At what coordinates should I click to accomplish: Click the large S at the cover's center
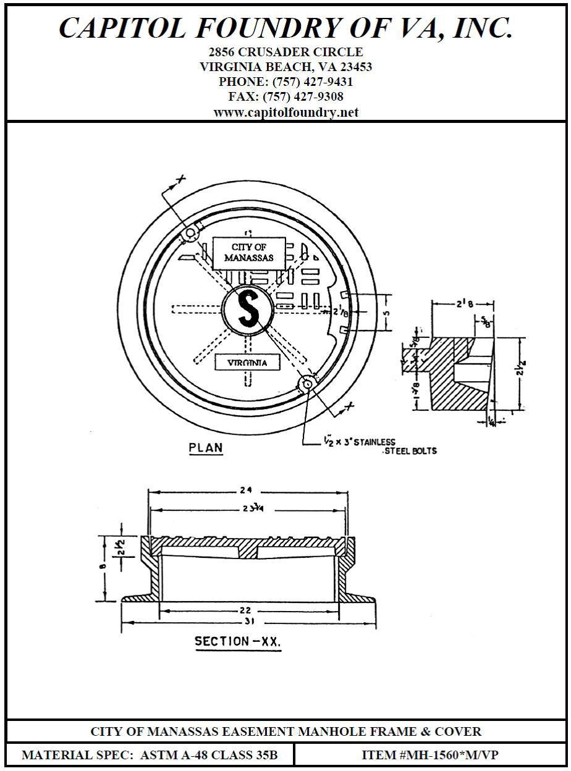click(x=248, y=308)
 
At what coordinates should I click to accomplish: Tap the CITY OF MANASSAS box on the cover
click(x=248, y=253)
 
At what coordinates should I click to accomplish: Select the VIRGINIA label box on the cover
click(x=247, y=363)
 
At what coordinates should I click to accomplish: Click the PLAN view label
click(x=206, y=448)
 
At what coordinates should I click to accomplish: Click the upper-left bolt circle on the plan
click(x=190, y=233)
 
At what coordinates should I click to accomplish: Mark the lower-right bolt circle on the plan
click(x=307, y=384)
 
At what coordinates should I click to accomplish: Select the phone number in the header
click(x=285, y=82)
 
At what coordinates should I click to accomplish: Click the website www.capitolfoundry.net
click(x=285, y=112)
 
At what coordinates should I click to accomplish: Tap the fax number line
click(x=285, y=97)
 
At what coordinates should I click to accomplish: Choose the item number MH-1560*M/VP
click(x=430, y=755)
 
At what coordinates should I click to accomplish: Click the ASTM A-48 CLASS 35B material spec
click(x=209, y=755)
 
